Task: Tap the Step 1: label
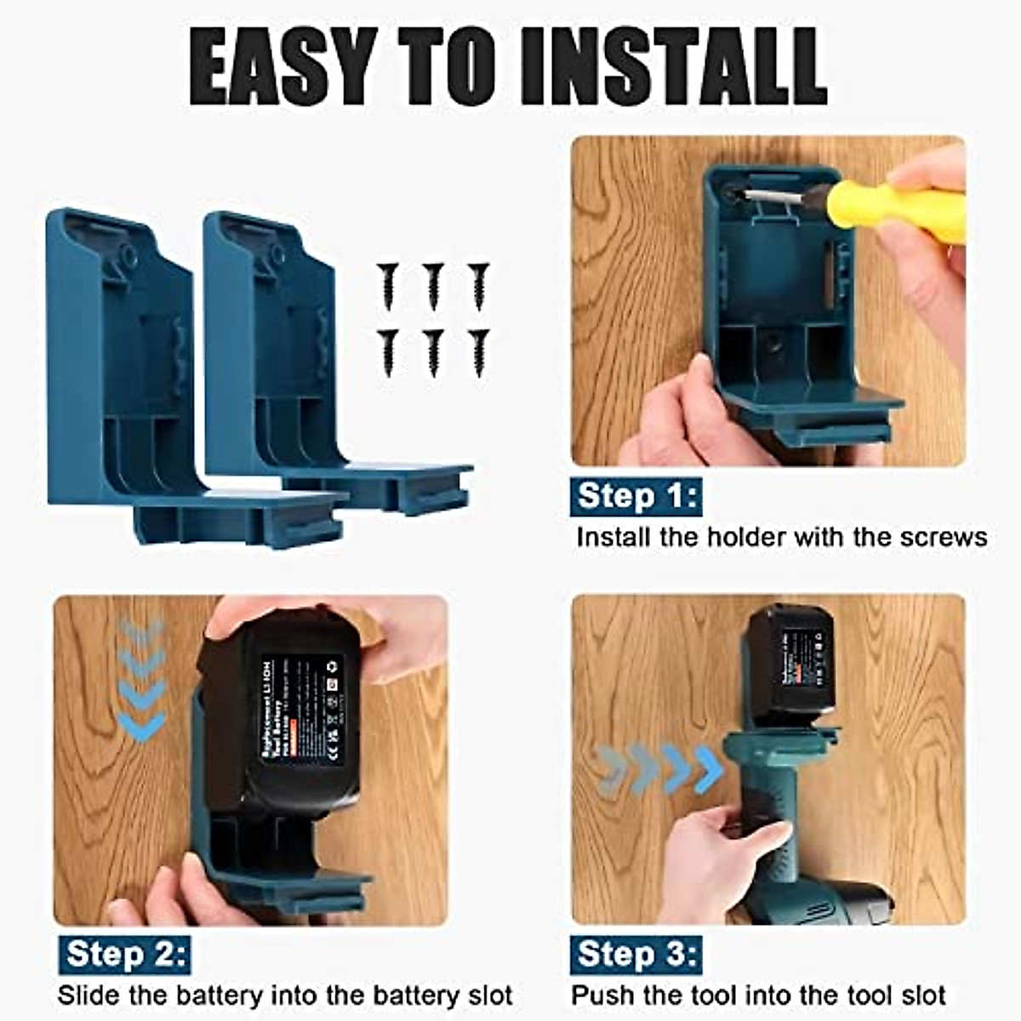pos(636,496)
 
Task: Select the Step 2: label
pos(124,955)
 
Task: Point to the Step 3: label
pos(636,955)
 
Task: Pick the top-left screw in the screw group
pos(389,284)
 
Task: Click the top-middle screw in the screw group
pos(433,284)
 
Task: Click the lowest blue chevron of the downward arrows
pos(141,727)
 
